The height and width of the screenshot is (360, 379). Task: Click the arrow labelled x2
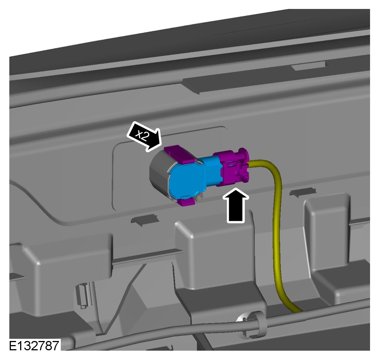coord(144,136)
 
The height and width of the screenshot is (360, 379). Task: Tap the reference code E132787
coord(34,345)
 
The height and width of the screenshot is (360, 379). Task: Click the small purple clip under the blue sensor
coord(186,201)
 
